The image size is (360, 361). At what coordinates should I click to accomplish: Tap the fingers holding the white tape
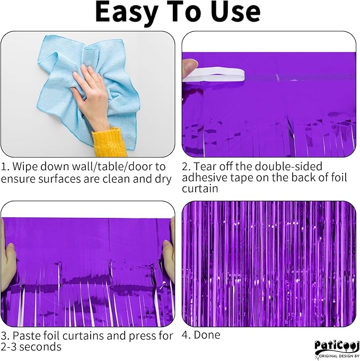tap(189, 69)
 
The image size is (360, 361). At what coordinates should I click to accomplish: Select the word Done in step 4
tap(207, 334)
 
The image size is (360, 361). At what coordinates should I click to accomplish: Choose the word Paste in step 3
tap(26, 336)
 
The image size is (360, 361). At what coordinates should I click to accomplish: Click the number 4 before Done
tap(185, 334)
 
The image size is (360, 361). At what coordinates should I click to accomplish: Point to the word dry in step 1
tap(163, 179)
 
